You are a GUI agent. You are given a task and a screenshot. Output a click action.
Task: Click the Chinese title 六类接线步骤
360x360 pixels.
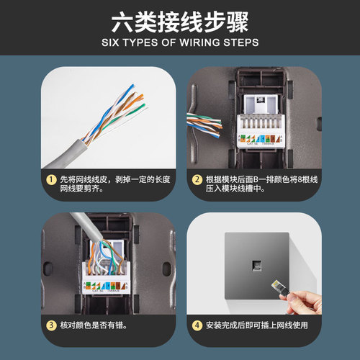180,19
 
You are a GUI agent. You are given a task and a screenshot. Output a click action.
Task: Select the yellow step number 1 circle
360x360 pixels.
51,179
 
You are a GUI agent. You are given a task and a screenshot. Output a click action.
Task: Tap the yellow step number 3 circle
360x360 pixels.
51,325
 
